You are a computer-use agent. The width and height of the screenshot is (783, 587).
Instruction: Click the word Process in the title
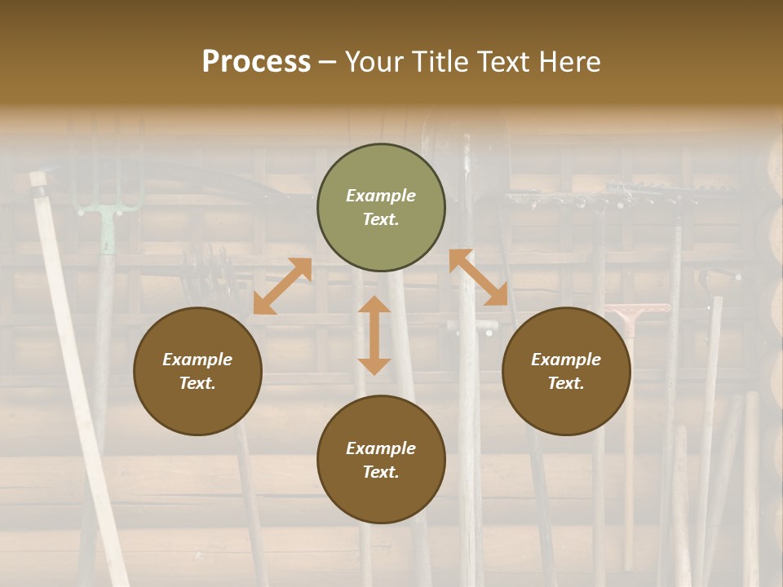(x=256, y=62)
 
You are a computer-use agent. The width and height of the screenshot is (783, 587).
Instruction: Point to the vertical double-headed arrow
(x=374, y=335)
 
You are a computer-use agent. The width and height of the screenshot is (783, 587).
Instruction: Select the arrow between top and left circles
(x=283, y=285)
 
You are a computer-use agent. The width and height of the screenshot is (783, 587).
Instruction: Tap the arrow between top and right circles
(x=478, y=277)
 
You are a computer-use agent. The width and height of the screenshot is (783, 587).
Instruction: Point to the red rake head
(x=639, y=311)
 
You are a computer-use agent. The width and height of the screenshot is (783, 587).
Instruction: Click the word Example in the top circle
(x=381, y=196)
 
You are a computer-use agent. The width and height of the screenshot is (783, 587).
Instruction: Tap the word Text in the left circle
(x=197, y=383)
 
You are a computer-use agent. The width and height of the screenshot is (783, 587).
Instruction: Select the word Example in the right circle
(x=566, y=360)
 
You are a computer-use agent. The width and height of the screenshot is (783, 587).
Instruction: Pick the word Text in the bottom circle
(x=381, y=472)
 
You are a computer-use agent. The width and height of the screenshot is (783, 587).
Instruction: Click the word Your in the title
(x=372, y=62)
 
